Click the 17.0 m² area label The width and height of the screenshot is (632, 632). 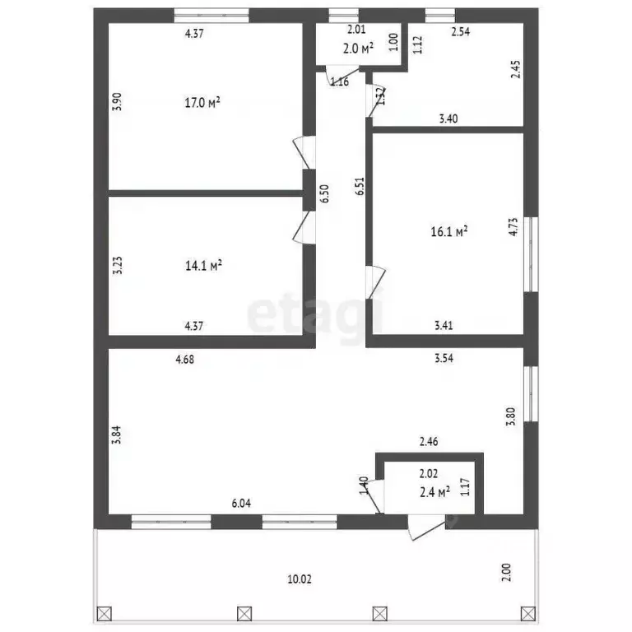(202, 103)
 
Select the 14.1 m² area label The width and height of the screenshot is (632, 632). (202, 266)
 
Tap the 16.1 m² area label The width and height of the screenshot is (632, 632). (449, 232)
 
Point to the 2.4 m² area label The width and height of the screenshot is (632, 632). (434, 492)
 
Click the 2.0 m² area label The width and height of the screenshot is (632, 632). (358, 48)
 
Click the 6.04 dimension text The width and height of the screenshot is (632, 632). (241, 503)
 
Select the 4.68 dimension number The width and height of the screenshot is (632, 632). (187, 359)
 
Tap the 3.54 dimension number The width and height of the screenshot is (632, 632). (446, 359)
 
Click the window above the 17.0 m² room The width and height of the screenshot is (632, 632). (211, 14)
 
